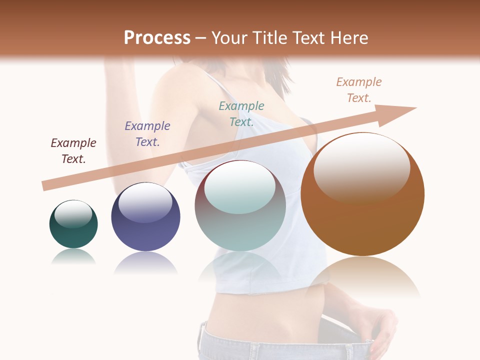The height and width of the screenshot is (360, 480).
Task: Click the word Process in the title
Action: pos(157,38)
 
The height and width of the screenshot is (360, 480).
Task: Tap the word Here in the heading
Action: pos(347,38)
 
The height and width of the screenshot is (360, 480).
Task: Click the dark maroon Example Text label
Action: pos(73,150)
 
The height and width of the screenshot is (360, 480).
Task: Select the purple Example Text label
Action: pos(147,133)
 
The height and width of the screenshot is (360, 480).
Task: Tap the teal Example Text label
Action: pos(241,113)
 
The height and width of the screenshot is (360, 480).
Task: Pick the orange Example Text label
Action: pos(359,89)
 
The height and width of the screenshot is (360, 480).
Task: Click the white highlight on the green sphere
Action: pos(73,214)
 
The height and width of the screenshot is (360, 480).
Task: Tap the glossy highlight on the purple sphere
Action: pos(145,202)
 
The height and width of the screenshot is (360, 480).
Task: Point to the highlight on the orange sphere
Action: pos(361,167)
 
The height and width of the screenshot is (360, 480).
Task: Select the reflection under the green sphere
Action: pos(73,256)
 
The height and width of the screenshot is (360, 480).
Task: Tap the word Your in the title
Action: pos(230,38)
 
